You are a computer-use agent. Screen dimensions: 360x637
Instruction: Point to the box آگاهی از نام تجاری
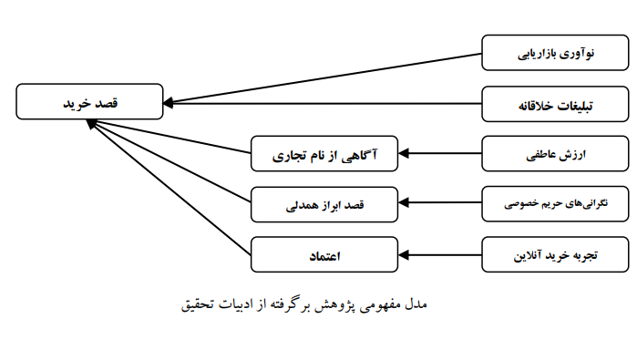tap(325, 154)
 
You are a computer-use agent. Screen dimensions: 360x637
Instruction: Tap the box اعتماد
tap(325, 254)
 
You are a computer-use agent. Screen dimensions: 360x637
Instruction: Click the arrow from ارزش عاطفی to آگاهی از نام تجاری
tap(441, 154)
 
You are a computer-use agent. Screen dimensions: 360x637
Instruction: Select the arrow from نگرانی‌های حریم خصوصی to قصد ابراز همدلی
tap(441, 204)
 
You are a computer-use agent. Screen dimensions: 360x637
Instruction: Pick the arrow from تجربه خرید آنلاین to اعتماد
tap(441, 254)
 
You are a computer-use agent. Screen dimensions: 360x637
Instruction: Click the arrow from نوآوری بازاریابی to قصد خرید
tap(328, 75)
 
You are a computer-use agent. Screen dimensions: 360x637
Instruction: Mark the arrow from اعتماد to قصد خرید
tap(173, 187)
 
